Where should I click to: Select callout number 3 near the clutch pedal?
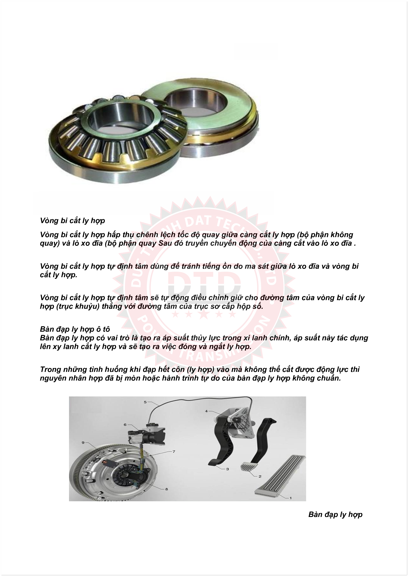pos(228,469)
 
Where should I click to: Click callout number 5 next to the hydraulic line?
pos(145,402)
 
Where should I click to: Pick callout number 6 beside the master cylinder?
pos(125,425)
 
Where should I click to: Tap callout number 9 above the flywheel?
pos(83,442)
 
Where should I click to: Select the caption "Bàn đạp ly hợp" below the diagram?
pos(335,515)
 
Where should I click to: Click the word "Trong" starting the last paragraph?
pos(51,369)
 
